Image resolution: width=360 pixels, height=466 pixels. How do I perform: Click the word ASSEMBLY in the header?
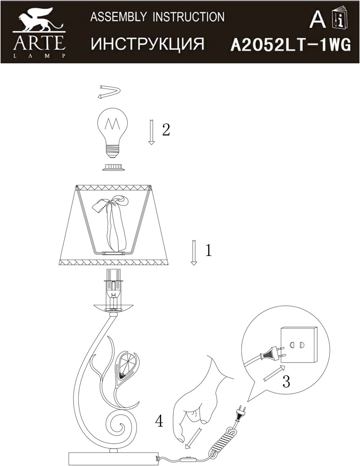tap(118, 17)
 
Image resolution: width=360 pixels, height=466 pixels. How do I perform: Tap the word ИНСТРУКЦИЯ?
tap(148, 44)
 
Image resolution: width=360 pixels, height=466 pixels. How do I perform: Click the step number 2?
tap(166, 130)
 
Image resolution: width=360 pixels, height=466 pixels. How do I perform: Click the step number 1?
tap(209, 250)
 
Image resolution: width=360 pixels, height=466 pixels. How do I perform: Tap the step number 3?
tap(286, 381)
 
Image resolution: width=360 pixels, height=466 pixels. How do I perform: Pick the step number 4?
tap(159, 421)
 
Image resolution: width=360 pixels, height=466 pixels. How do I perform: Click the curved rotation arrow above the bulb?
tap(109, 91)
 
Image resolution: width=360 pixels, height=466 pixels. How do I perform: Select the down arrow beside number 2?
tap(151, 132)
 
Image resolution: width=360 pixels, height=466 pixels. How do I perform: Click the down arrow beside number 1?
tap(194, 252)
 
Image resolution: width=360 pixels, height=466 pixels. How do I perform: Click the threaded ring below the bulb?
tap(114, 167)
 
